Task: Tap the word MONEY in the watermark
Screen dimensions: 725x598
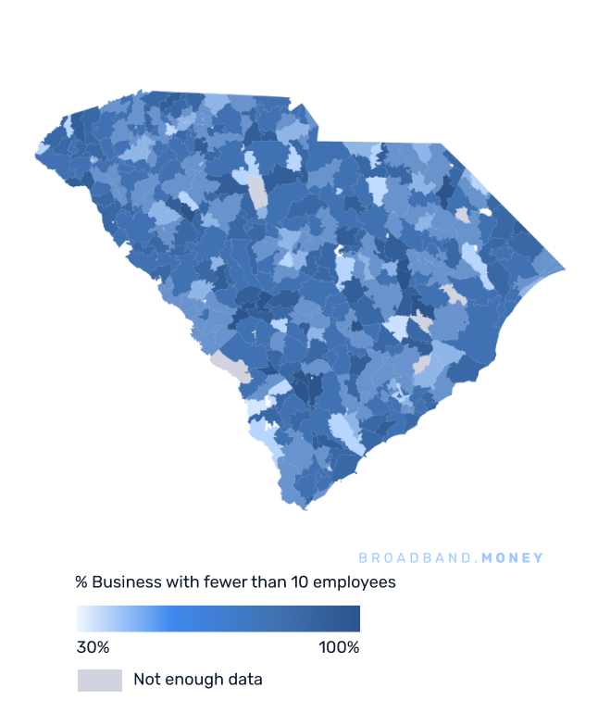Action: tap(513, 558)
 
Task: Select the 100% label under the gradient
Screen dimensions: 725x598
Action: tap(339, 647)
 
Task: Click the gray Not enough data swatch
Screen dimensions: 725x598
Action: tap(99, 681)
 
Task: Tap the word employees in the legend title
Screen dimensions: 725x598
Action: tap(356, 582)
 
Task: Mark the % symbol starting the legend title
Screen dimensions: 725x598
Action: tap(81, 582)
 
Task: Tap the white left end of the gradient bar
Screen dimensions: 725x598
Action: tap(81, 619)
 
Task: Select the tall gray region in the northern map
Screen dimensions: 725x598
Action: tap(258, 192)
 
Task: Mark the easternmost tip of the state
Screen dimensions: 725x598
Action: tap(564, 269)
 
